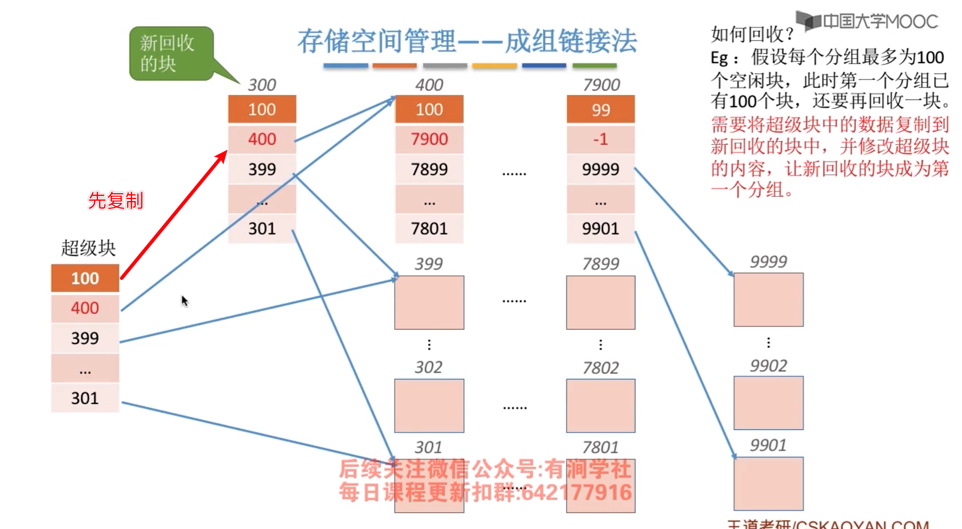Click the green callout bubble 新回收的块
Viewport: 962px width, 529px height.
click(171, 54)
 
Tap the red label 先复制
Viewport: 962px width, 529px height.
click(116, 201)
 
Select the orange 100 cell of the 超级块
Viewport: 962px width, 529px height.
click(85, 278)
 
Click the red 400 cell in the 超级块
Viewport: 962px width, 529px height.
click(85, 308)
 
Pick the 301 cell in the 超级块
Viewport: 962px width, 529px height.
click(85, 398)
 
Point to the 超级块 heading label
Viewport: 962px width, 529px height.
click(88, 248)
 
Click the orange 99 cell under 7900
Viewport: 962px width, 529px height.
click(601, 109)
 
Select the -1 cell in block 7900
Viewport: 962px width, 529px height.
click(601, 139)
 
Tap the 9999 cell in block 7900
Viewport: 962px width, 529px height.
click(601, 169)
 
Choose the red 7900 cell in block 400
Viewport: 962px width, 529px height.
click(429, 139)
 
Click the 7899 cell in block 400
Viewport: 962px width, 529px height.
click(429, 169)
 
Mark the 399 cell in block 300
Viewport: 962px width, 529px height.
click(262, 169)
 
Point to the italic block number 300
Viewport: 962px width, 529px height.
click(262, 85)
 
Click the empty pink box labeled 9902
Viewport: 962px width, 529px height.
click(769, 403)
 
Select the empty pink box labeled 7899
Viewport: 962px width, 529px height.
click(601, 303)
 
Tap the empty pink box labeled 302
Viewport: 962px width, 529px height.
click(429, 406)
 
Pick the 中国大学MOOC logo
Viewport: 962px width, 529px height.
click(867, 22)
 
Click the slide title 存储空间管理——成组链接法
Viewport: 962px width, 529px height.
click(467, 41)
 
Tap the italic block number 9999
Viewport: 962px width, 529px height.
click(769, 262)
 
